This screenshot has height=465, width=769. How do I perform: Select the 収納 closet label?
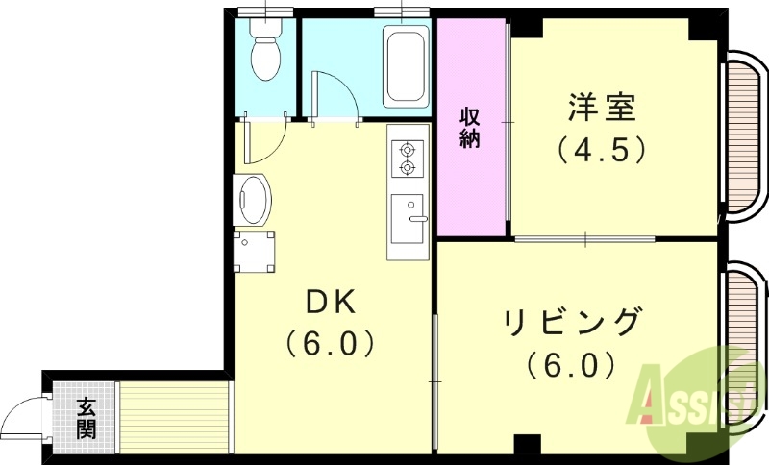pyautogui.click(x=469, y=127)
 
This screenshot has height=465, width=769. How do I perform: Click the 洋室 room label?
pyautogui.click(x=601, y=108)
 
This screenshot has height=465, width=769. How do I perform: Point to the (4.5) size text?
pyautogui.click(x=601, y=151)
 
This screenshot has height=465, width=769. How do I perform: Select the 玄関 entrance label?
pyautogui.click(x=87, y=419)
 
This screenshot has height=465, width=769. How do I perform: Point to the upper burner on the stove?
pyautogui.click(x=408, y=150)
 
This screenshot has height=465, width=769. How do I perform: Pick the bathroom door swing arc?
pyautogui.click(x=336, y=98)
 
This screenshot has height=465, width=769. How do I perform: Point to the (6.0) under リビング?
pyautogui.click(x=570, y=366)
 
